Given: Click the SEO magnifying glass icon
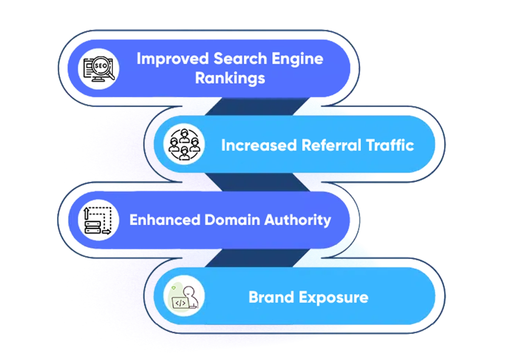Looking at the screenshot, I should [x=99, y=69].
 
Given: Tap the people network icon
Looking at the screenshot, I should [x=184, y=145].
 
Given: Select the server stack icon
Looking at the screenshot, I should [x=98, y=220].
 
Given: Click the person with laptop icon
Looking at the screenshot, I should [x=184, y=297].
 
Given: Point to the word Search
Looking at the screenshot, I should [x=240, y=59].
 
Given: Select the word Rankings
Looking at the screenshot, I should [x=230, y=78].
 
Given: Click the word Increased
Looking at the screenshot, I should [x=259, y=145].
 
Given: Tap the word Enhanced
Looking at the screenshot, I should [x=164, y=220].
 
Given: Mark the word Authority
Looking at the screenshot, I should [x=298, y=220].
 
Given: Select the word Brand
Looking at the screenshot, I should [x=271, y=297].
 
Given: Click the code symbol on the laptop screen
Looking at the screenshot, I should [x=180, y=303].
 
